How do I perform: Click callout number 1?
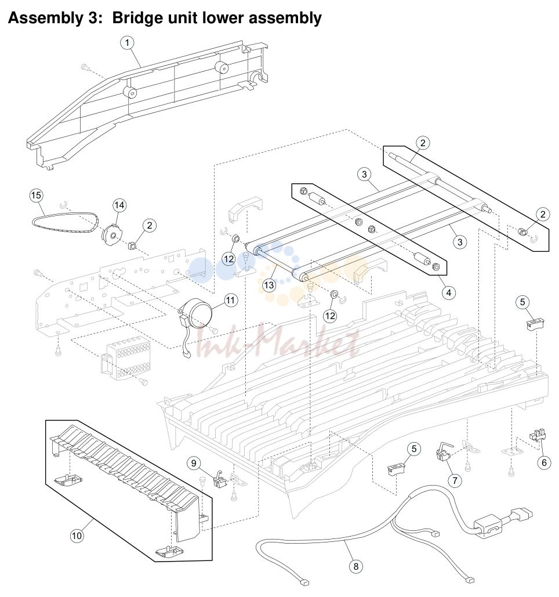[127, 43]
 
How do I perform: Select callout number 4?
[449, 293]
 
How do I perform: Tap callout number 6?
[544, 462]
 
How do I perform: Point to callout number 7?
[455, 480]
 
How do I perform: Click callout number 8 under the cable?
[356, 566]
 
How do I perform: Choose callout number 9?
[194, 463]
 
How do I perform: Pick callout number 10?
[77, 536]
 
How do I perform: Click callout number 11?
[231, 301]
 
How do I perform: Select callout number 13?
[268, 285]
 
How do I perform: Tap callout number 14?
[119, 205]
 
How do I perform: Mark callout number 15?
[36, 196]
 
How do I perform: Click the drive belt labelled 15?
[65, 220]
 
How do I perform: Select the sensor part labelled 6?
[538, 435]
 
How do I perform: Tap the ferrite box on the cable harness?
[488, 526]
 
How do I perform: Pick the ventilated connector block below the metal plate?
[126, 359]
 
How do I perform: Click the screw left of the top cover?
[85, 68]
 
